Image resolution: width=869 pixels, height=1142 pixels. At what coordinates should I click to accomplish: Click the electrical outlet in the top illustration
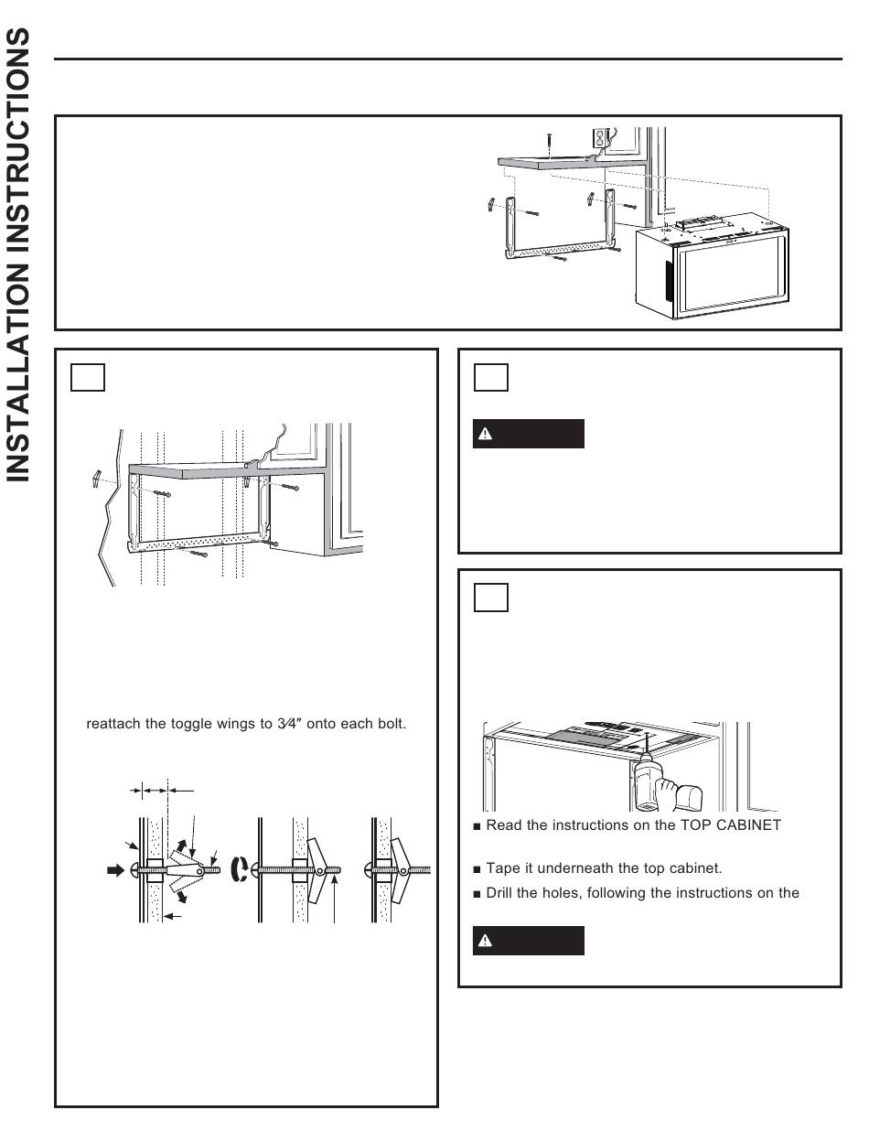click(x=601, y=138)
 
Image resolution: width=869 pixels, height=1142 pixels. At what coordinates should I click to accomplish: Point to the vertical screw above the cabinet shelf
click(x=548, y=143)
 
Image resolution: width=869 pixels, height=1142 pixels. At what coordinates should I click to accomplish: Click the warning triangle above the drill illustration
click(x=487, y=435)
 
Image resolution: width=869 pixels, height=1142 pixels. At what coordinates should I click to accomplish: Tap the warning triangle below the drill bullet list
click(x=487, y=941)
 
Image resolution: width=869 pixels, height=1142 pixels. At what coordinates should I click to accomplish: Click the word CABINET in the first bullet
click(x=752, y=825)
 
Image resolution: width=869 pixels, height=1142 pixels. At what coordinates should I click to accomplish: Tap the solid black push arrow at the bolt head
click(x=116, y=869)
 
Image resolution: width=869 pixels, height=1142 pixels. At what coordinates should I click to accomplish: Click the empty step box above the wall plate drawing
click(x=89, y=377)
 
